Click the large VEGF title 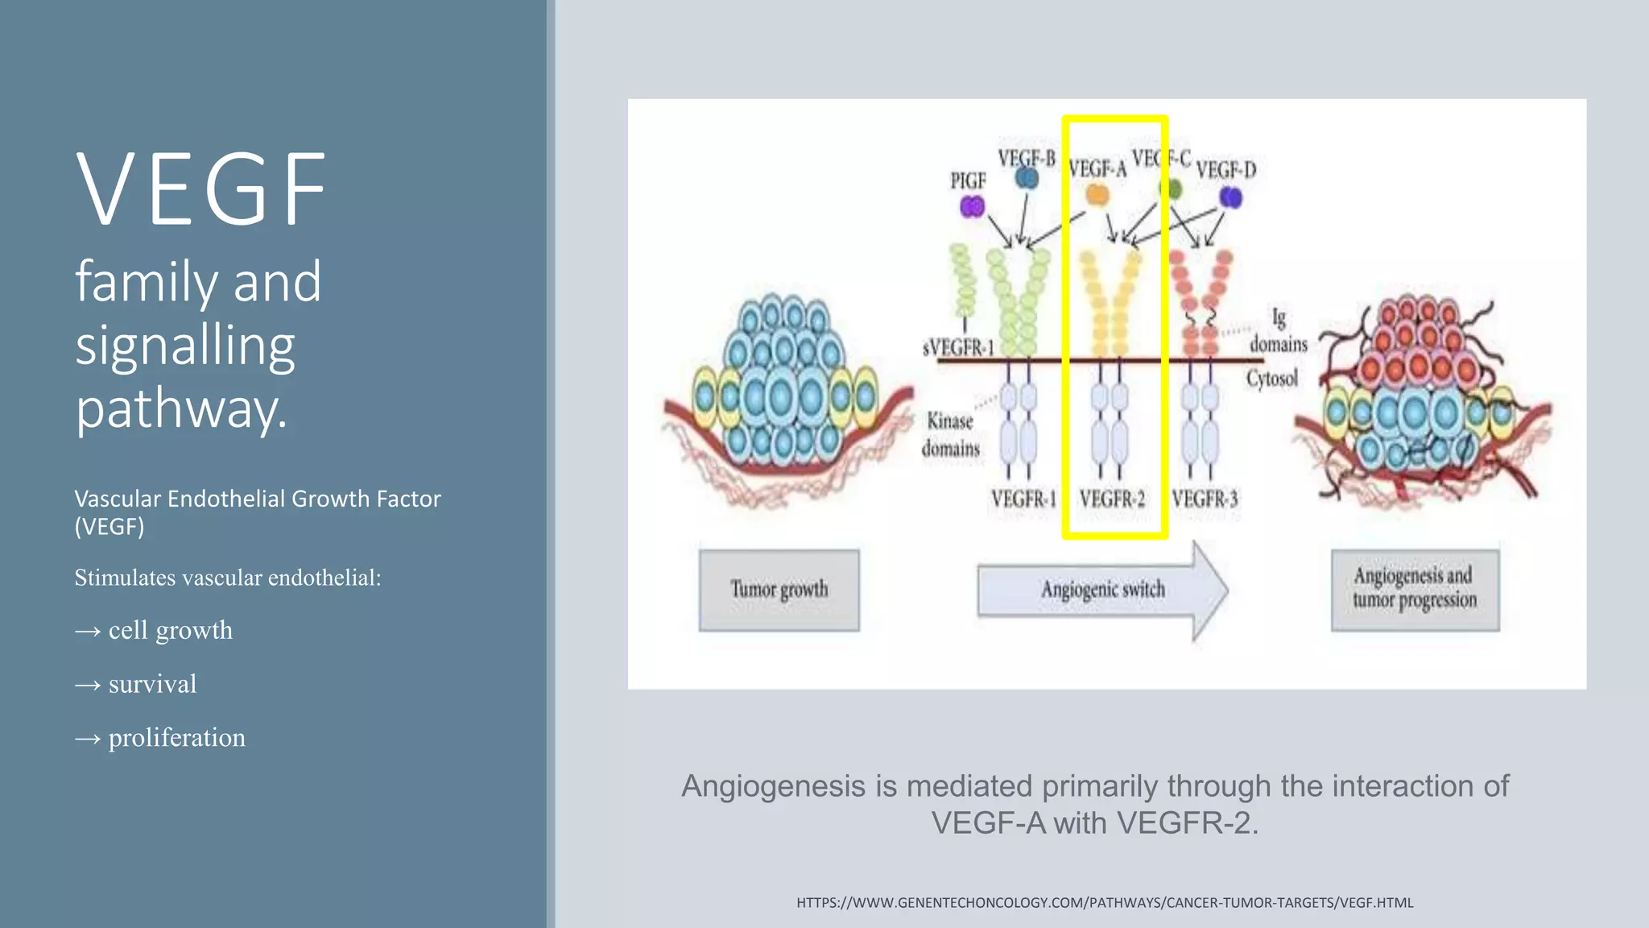point(201,190)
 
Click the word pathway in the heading point(180,408)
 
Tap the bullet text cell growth point(170,630)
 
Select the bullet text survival point(152,684)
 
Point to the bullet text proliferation point(176,738)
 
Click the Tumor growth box point(779,590)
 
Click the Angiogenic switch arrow point(1102,590)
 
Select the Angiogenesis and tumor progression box point(1415,589)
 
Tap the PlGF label point(968,181)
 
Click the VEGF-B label point(1026,159)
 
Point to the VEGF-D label point(1225,171)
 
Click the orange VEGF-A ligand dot point(1097,195)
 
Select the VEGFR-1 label point(1023,499)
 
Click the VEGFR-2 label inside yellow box point(1112,499)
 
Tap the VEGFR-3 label point(1205,499)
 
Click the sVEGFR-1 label point(958,348)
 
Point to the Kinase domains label point(951,435)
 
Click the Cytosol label point(1272,379)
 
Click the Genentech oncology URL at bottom point(1105,903)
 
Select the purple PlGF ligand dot point(972,208)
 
